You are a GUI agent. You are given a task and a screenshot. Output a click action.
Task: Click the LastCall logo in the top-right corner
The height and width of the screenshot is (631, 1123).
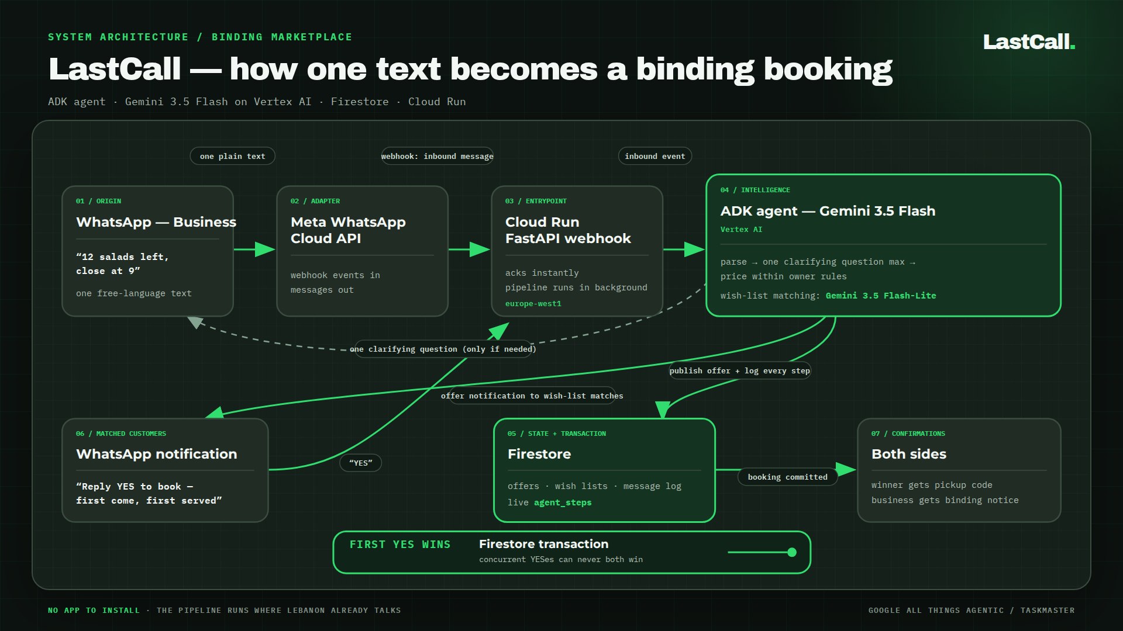click(x=1029, y=42)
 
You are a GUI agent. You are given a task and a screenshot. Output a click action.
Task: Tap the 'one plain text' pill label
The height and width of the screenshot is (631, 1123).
click(x=232, y=156)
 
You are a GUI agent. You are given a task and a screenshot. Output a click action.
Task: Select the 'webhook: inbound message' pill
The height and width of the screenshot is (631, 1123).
click(x=438, y=156)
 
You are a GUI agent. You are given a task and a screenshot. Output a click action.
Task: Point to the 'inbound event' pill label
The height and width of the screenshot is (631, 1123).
click(x=654, y=156)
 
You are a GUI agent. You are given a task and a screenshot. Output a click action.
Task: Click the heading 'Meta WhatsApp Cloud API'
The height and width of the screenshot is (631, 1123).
click(x=348, y=230)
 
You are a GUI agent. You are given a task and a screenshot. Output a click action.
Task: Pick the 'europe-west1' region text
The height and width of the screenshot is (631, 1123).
click(x=533, y=304)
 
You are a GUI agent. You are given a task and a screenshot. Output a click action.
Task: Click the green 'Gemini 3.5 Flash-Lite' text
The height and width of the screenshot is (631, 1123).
click(x=881, y=296)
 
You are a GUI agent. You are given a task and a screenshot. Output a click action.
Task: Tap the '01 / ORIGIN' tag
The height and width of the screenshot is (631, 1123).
click(x=98, y=201)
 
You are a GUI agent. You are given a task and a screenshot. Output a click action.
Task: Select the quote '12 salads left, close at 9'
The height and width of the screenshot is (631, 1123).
click(x=122, y=264)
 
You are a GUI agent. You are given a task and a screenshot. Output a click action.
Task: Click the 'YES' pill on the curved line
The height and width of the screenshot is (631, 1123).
click(x=360, y=463)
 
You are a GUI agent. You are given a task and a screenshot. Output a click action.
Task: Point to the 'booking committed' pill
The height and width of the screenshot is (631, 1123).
click(x=787, y=477)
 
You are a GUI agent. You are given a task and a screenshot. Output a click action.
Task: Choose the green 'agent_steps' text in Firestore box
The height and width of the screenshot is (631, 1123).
click(x=563, y=502)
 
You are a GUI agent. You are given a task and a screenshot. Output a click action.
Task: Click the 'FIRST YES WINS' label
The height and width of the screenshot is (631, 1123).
click(x=400, y=545)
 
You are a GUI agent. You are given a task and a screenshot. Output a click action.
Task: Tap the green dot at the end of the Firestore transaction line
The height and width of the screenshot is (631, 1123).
click(x=792, y=552)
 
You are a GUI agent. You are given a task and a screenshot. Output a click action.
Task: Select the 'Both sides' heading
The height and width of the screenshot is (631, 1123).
click(x=908, y=454)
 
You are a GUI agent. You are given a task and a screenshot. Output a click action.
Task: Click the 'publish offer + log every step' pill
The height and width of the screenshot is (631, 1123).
click(x=740, y=370)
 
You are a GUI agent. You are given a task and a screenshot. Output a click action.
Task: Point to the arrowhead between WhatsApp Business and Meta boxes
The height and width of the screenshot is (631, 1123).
click(x=265, y=249)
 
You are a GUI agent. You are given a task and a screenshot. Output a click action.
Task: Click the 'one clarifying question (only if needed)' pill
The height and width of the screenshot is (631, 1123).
click(x=443, y=349)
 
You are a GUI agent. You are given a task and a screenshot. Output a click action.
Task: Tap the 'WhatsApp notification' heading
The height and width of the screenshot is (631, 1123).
click(x=156, y=454)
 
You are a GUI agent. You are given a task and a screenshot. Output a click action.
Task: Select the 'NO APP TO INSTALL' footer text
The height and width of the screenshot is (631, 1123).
click(x=94, y=610)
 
